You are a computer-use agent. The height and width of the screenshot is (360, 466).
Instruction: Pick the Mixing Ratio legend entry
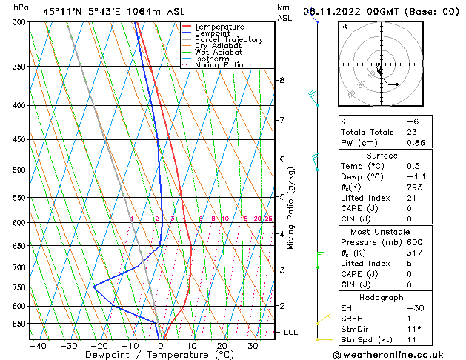219,65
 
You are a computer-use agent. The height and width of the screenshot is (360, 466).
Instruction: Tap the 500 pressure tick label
19,170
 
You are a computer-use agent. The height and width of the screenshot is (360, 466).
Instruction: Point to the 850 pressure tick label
19,324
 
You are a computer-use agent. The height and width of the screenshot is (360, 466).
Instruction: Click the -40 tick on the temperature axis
38,346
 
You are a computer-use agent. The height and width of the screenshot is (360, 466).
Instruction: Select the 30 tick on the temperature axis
253,346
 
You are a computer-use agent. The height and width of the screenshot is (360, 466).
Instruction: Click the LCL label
290,333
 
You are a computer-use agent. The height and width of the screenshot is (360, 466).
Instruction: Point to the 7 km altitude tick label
282,120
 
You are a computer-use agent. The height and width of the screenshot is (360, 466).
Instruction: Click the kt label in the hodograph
344,27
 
